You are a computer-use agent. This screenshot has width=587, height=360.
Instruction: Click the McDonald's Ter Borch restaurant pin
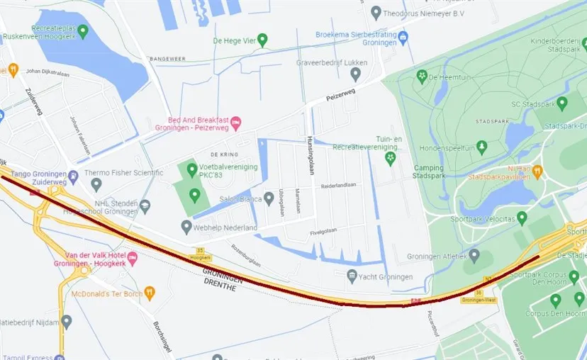click(x=149, y=293)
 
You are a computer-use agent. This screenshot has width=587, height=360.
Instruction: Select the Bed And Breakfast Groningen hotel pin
click(x=237, y=123)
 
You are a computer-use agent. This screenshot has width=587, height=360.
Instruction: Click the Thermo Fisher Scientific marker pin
click(x=96, y=184)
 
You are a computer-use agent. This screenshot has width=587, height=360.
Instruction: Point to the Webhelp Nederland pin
click(x=186, y=227)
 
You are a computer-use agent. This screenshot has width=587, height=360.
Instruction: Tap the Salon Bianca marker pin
click(x=269, y=198)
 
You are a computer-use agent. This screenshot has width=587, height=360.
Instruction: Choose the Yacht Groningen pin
click(x=352, y=276)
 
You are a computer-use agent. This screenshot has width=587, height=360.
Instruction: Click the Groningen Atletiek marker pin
click(x=474, y=255)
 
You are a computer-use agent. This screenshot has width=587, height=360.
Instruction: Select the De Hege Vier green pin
click(x=262, y=40)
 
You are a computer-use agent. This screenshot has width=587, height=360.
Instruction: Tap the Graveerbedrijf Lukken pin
click(x=355, y=74)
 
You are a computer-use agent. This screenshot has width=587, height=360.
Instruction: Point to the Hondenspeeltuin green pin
click(x=482, y=147)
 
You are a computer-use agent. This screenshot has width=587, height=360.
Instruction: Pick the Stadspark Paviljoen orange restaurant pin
click(x=537, y=170)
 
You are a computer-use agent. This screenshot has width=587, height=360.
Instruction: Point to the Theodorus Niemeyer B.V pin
click(x=376, y=13)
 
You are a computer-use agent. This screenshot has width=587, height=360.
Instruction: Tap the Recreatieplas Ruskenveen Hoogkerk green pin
click(x=83, y=31)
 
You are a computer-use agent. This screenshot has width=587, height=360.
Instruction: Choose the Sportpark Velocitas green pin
click(x=522, y=217)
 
